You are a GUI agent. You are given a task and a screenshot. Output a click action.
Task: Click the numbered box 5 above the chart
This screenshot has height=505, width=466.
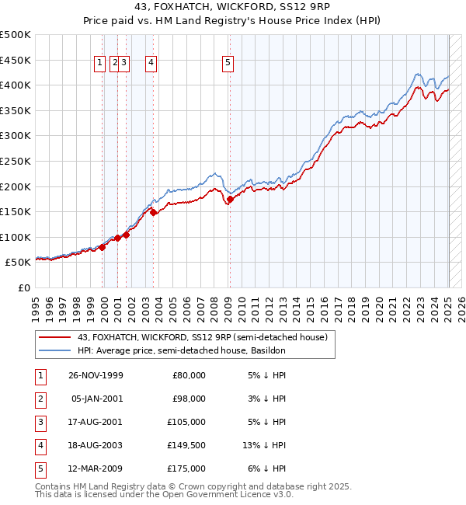pos(228,64)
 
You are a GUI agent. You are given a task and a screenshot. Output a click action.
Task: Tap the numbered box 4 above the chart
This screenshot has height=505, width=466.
pos(151,64)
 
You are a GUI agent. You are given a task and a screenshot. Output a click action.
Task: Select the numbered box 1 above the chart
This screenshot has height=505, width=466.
pos(101,64)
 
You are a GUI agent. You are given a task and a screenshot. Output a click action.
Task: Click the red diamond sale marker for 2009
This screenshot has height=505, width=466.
pos(230,199)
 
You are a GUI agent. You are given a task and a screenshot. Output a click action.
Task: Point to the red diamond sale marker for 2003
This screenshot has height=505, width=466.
pos(153,211)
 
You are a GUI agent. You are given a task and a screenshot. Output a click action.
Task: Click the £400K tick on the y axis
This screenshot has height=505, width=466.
pos(16,85)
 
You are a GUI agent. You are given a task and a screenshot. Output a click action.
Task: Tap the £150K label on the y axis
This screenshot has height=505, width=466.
pos(16,211)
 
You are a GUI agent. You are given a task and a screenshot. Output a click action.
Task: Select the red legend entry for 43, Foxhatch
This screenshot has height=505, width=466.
pos(202,337)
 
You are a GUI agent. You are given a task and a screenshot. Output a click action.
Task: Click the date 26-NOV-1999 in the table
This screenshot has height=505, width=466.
pos(96,375)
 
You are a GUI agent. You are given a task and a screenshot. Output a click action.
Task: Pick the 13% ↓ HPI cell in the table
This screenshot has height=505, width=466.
pos(265,445)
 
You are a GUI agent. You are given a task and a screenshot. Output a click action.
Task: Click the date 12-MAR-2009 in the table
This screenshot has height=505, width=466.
pos(96,468)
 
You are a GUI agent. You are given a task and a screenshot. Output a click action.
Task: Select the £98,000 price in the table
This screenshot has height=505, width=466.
pos(188,399)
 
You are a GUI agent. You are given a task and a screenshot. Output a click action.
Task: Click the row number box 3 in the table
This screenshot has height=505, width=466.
pos(40,422)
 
